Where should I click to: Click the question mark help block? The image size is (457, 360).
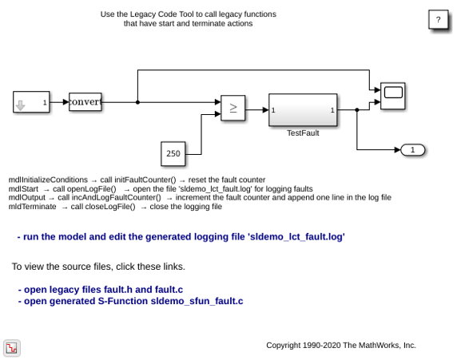pyautogui.click(x=438, y=19)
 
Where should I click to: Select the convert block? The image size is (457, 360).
pyautogui.click(x=85, y=101)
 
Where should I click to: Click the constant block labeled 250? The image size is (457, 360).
pyautogui.click(x=173, y=153)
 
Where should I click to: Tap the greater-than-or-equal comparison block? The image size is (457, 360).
pyautogui.click(x=232, y=108)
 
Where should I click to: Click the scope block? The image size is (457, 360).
pyautogui.click(x=392, y=96)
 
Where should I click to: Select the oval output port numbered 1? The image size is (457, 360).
pyautogui.click(x=413, y=150)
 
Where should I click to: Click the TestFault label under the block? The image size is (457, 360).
pyautogui.click(x=303, y=133)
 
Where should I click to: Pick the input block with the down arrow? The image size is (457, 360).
pyautogui.click(x=31, y=101)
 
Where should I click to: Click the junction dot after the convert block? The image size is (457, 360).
pyautogui.click(x=137, y=102)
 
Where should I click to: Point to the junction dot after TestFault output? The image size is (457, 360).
pyautogui.click(x=357, y=110)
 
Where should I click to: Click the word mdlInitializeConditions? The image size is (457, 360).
pyautogui.click(x=48, y=180)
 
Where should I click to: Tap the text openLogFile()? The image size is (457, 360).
pyautogui.click(x=92, y=188)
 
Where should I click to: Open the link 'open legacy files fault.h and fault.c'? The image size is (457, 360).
pyautogui.click(x=101, y=290)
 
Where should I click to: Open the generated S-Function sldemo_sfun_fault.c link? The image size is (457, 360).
pyautogui.click(x=130, y=301)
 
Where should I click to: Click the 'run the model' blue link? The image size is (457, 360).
pyautogui.click(x=181, y=237)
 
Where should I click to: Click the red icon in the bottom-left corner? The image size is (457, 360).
pyautogui.click(x=12, y=348)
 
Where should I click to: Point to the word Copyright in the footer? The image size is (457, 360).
pyautogui.click(x=284, y=346)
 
